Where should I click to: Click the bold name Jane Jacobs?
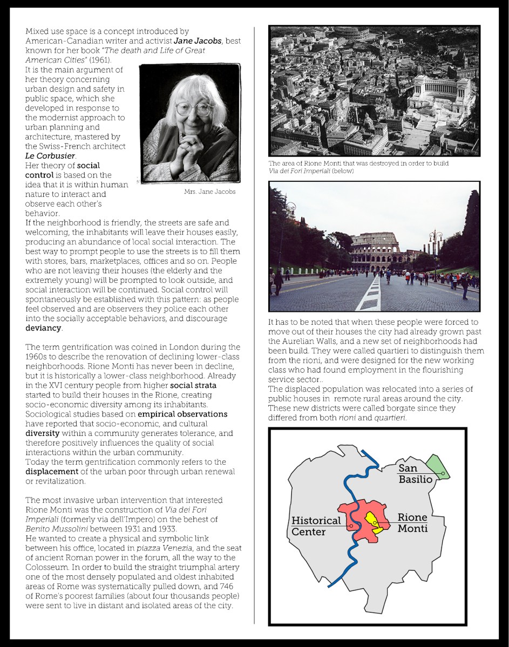[x=198, y=41]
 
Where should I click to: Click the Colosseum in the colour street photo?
[x=376, y=250]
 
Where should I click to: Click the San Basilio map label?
[x=415, y=474]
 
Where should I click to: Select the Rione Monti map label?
[x=412, y=523]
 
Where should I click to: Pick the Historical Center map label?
[x=316, y=526]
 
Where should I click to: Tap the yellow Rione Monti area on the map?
[x=372, y=521]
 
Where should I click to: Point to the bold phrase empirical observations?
[x=182, y=414]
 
